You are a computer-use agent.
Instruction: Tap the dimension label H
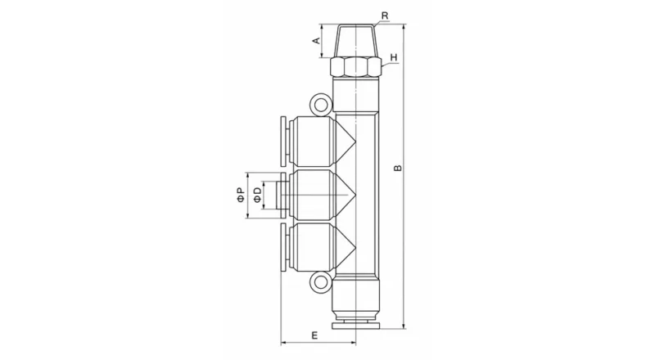[x=394, y=58]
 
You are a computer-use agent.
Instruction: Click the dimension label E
[x=314, y=335]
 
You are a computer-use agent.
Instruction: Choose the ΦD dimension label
[x=258, y=196]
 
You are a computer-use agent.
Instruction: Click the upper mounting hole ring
[x=320, y=104]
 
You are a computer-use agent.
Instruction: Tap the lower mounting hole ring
[x=320, y=285]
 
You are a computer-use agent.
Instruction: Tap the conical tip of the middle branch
[x=344, y=196]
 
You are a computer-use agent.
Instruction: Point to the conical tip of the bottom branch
[x=344, y=249]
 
